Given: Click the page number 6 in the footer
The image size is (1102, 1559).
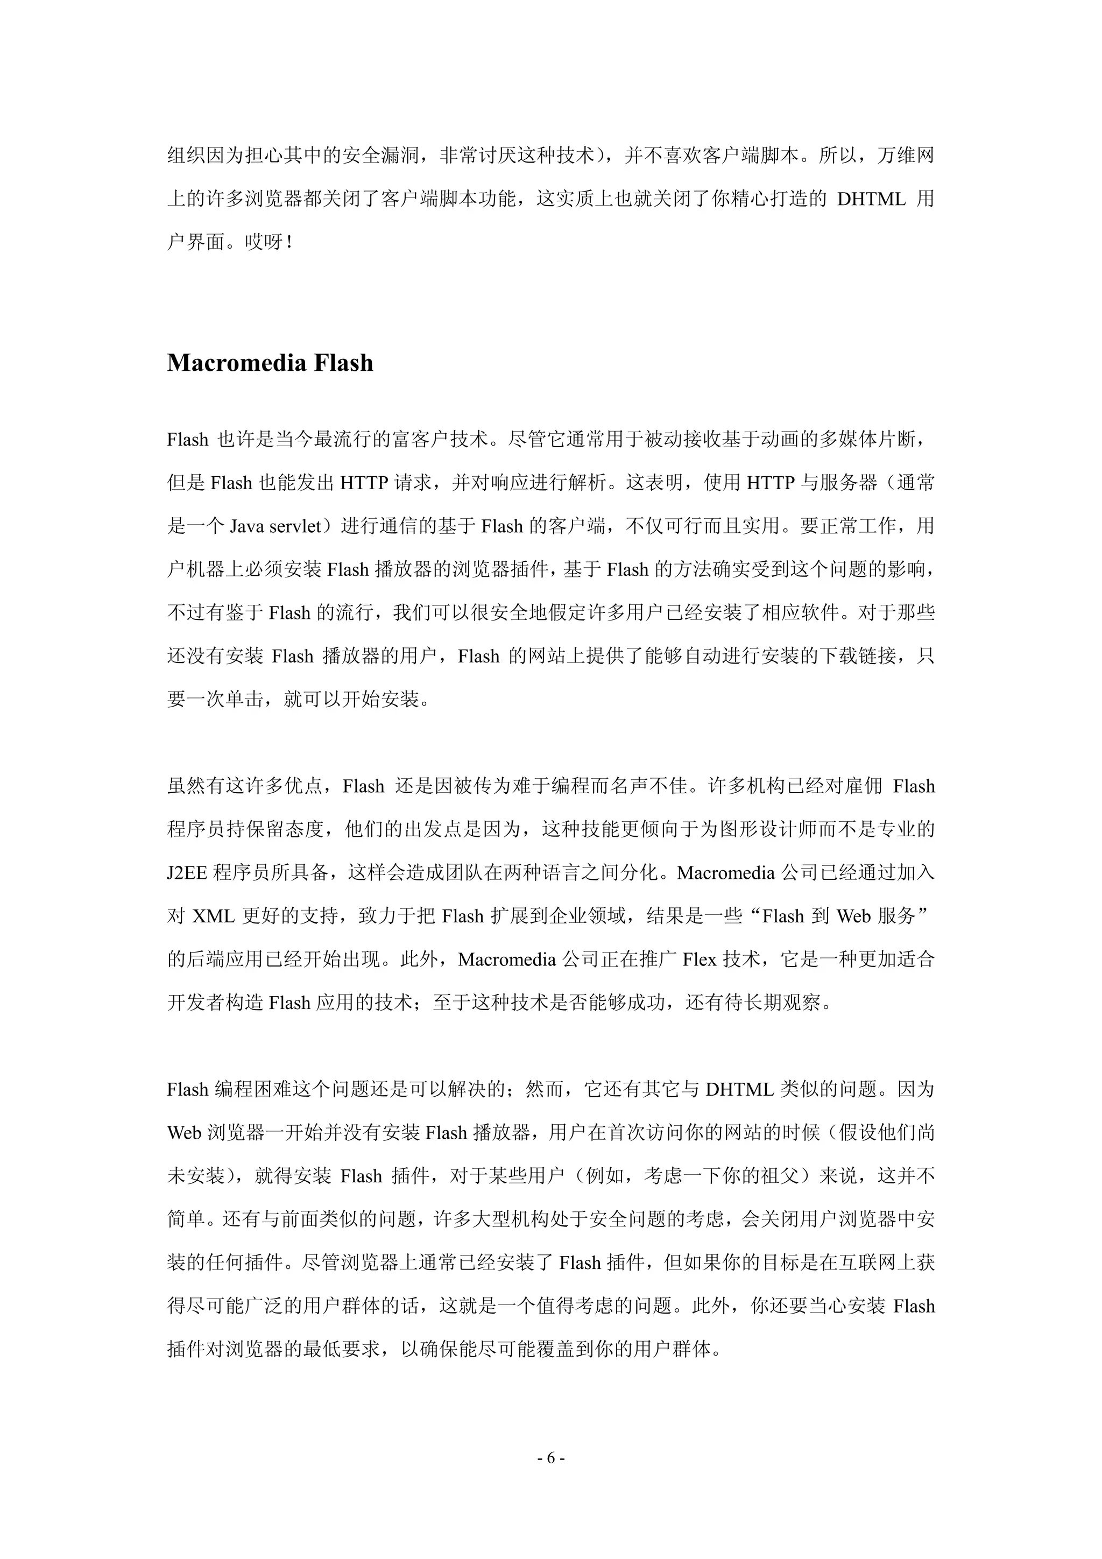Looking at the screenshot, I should click(550, 1457).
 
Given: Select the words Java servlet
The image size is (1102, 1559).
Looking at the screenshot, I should click(274, 526).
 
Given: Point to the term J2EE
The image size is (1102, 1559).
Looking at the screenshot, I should click(187, 872).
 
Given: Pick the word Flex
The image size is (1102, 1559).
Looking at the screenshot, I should click(700, 960).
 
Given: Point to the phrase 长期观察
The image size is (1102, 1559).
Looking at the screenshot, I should click(783, 1003).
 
